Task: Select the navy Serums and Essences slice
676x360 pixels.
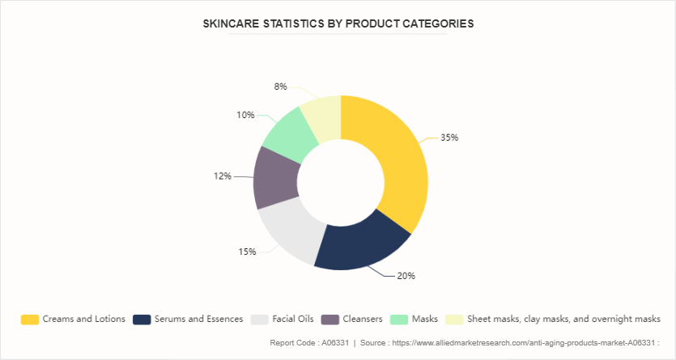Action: coord(359,243)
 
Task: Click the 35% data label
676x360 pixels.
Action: coord(449,138)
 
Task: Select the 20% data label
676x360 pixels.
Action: coord(406,276)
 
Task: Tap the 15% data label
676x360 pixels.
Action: coord(247,252)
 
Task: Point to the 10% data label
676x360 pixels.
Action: coord(245,115)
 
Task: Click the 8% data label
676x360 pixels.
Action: coord(280,87)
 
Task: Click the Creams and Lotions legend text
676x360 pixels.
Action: coord(84,319)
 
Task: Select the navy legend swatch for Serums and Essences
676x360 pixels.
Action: coord(142,319)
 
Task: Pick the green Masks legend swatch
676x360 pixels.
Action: coord(399,319)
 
